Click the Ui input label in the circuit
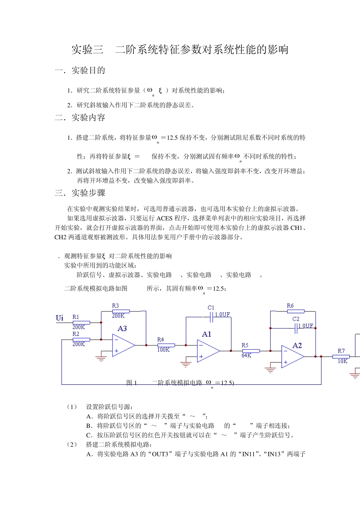(59, 318)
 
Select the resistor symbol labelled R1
(81, 323)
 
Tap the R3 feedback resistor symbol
(121, 311)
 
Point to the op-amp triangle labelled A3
(123, 345)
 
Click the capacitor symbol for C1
(211, 318)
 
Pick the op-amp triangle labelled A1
(208, 351)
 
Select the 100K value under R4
(163, 350)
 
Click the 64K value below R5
(246, 356)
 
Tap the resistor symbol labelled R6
(296, 311)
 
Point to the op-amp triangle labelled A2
(293, 356)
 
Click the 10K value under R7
(342, 361)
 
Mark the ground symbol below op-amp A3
(101, 358)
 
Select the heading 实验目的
(88, 70)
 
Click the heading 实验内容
(88, 118)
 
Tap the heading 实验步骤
(88, 193)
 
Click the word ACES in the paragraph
(164, 218)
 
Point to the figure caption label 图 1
(131, 383)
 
